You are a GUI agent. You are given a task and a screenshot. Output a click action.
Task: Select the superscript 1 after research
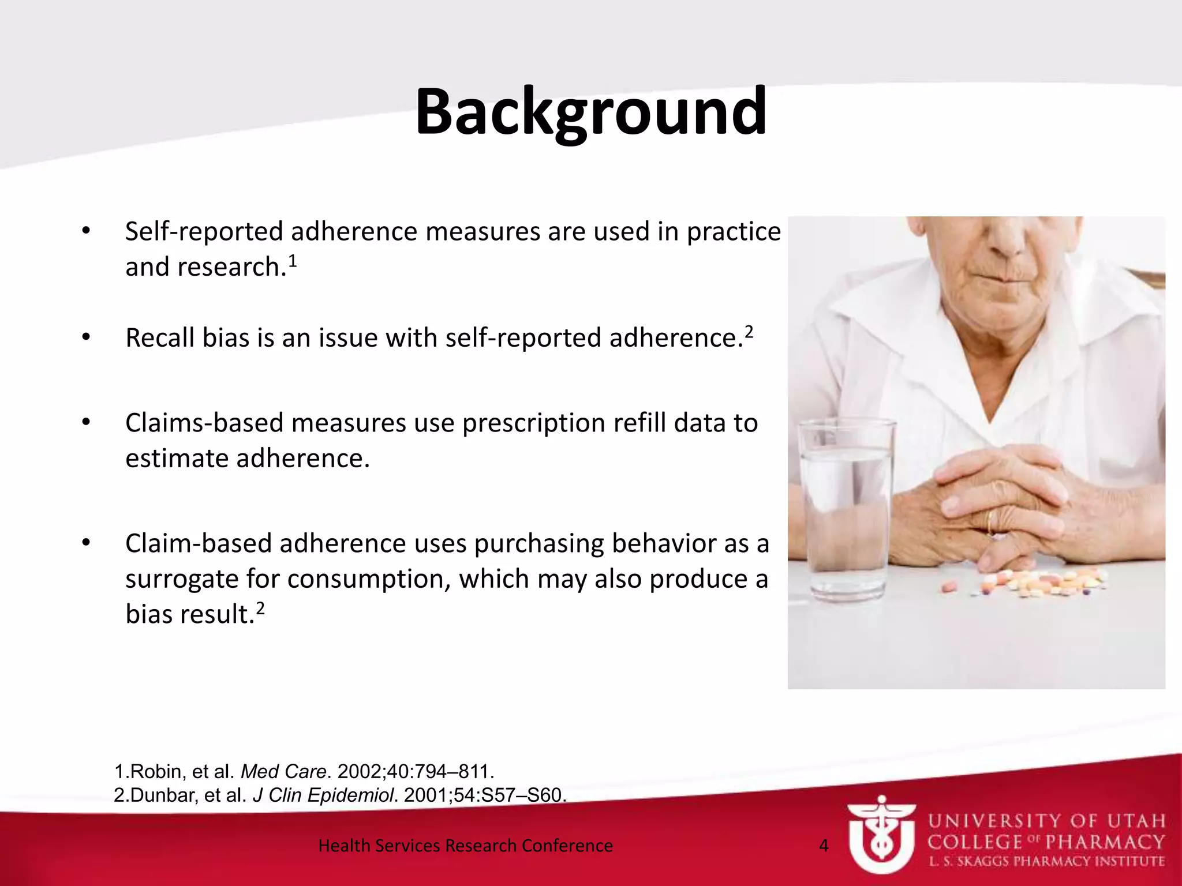click(x=293, y=261)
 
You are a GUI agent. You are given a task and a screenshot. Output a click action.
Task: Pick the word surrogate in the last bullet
click(x=181, y=579)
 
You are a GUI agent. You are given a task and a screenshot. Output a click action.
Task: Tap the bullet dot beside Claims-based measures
click(x=86, y=422)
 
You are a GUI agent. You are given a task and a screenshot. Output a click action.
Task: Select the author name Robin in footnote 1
click(x=155, y=771)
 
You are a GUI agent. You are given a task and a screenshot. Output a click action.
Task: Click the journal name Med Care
click(x=283, y=771)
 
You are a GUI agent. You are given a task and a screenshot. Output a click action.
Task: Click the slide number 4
click(x=824, y=846)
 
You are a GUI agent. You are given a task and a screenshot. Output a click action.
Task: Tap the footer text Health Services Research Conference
click(x=465, y=846)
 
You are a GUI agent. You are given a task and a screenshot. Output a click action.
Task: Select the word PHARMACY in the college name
click(x=1105, y=842)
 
